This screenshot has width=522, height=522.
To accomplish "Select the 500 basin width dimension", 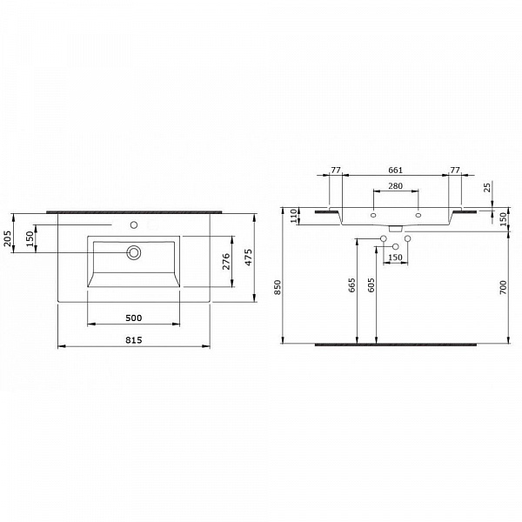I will click(133, 318).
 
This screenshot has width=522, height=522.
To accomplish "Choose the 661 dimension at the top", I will click(395, 171).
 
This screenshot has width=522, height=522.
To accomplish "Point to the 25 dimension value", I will click(489, 187).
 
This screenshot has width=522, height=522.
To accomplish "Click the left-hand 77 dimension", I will click(335, 171).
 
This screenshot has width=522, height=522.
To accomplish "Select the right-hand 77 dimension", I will click(454, 171).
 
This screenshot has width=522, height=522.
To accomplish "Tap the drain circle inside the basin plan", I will click(134, 253).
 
